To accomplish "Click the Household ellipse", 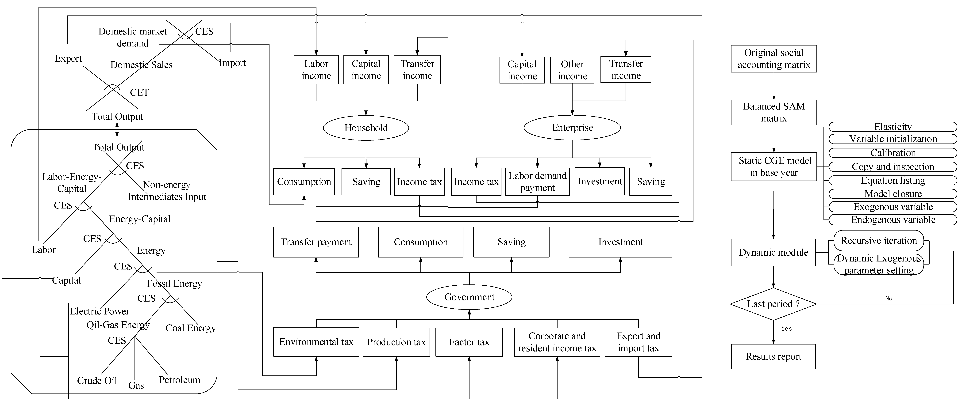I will pos(366,128).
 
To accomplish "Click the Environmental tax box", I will pos(316,342).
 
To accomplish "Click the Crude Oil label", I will pos(97,381).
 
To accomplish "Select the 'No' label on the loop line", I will pos(889,298).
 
